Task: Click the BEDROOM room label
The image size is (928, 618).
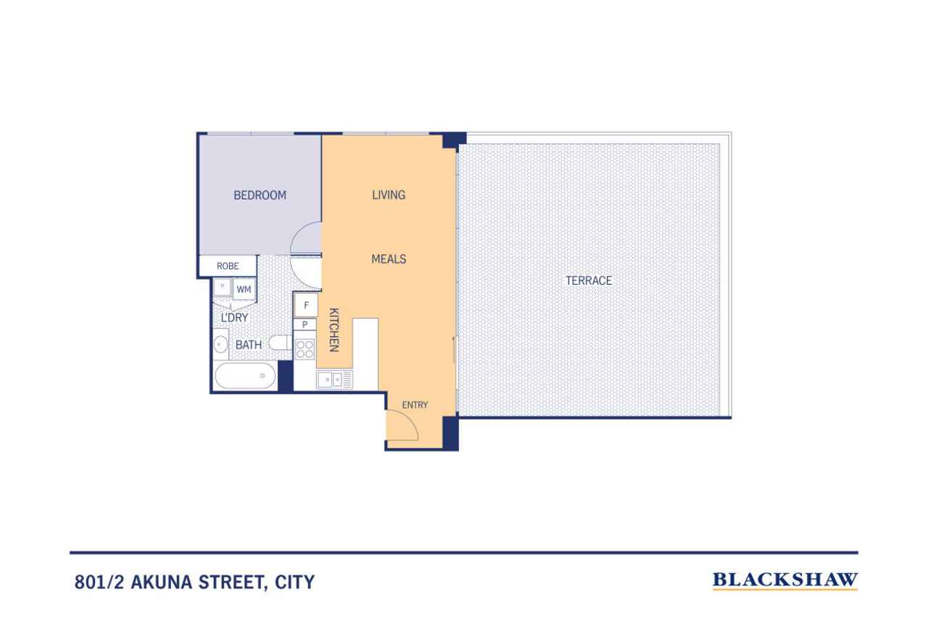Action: click(x=260, y=195)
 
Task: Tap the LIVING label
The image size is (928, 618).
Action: click(x=389, y=195)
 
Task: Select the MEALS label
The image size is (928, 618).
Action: click(x=389, y=259)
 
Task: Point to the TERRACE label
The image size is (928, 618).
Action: click(x=589, y=280)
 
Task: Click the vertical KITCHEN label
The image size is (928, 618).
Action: click(x=334, y=330)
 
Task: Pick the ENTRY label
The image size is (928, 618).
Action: click(x=415, y=405)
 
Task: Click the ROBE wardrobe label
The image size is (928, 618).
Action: click(x=228, y=266)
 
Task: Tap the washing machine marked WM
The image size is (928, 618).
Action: click(x=244, y=289)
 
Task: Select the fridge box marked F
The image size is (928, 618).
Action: click(x=306, y=306)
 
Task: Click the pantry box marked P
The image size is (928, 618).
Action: click(x=305, y=325)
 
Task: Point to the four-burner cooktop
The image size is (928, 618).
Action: click(x=305, y=349)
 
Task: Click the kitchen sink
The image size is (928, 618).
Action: click(x=334, y=380)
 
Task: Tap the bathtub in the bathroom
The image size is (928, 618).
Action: click(x=245, y=376)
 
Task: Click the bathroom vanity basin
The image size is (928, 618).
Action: click(x=220, y=344)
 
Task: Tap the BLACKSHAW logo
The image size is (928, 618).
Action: click(x=785, y=580)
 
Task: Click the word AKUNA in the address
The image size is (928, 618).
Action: click(x=161, y=582)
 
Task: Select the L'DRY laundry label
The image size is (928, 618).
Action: click(x=234, y=317)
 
